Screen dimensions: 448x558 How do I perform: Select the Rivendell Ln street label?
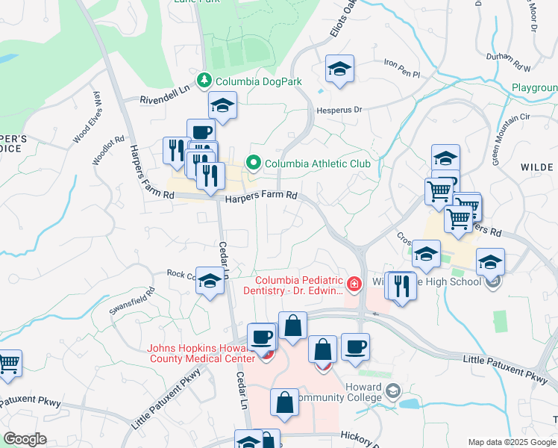pos(166,99)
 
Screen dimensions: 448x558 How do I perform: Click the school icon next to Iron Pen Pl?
pos(339,70)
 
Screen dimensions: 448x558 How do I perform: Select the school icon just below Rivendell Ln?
pos(222,106)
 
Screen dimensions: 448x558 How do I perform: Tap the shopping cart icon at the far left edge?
pos(8,364)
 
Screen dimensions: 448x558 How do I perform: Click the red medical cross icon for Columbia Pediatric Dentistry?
pos(354,283)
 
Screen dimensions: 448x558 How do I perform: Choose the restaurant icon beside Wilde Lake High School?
pos(402,286)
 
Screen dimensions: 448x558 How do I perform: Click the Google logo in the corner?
pos(24,439)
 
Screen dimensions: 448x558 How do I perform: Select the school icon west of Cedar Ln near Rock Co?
pos(210,281)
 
